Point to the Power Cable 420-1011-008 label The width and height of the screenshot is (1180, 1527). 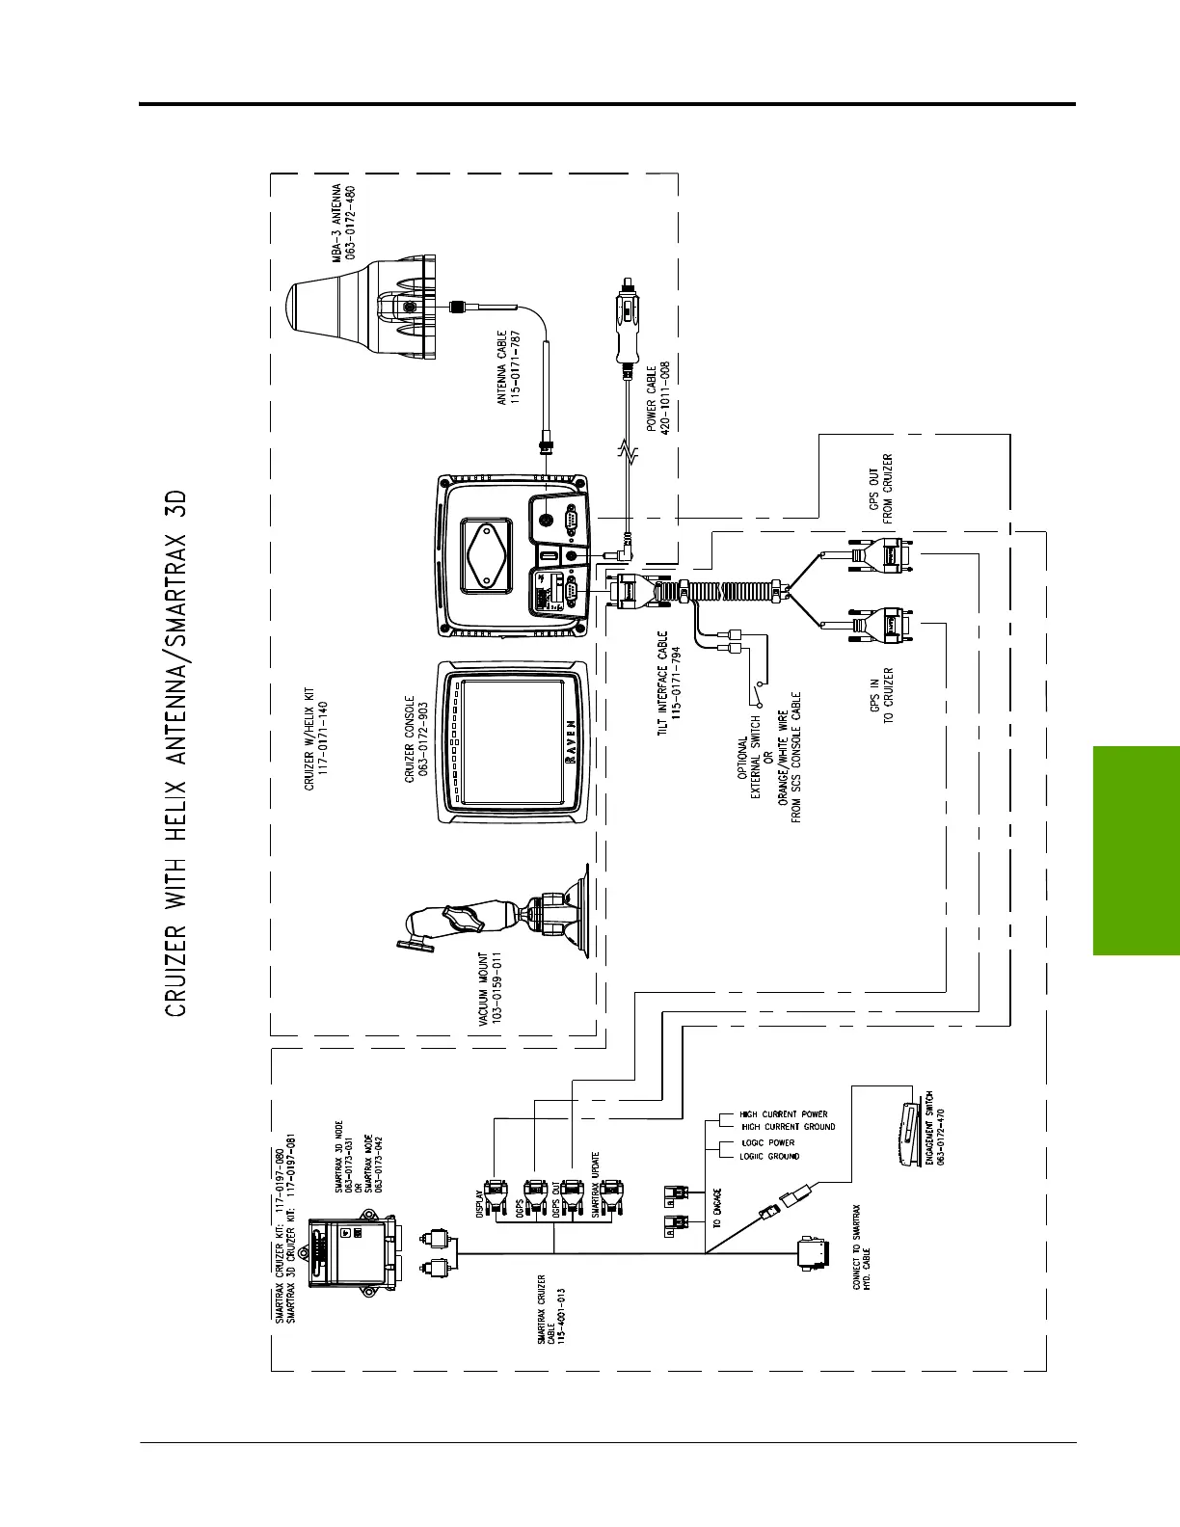659,398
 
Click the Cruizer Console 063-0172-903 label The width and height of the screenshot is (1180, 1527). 416,737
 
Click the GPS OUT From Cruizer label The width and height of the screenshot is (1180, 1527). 881,489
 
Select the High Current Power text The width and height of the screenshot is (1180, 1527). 783,1114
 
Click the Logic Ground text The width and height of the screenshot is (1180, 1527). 768,1156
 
